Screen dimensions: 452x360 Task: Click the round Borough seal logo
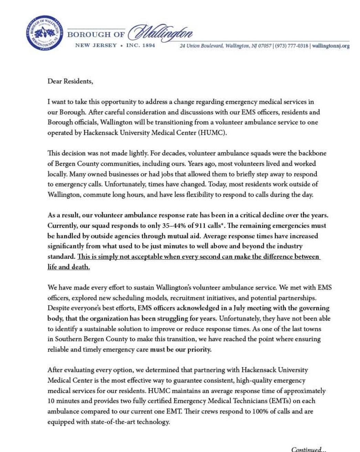tap(44, 33)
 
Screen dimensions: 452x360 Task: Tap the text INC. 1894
tap(141, 45)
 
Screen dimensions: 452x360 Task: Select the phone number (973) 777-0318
tap(292, 46)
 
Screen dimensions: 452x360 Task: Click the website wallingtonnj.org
tap(331, 46)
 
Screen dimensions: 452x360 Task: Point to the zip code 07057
tap(265, 46)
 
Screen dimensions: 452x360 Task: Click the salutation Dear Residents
tap(70, 81)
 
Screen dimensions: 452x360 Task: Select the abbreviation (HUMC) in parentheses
tap(212, 133)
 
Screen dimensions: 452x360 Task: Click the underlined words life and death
tap(68, 267)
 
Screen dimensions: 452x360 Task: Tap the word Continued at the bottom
tap(306, 449)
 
